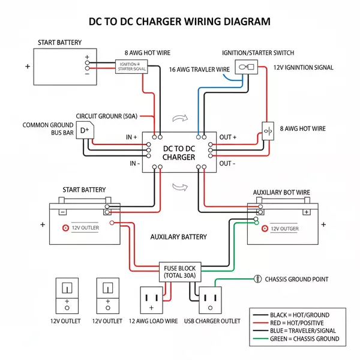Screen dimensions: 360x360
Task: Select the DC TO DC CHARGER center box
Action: tap(179, 152)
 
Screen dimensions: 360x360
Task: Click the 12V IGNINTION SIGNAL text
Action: tap(302, 68)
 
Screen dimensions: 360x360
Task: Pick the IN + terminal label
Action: tap(131, 137)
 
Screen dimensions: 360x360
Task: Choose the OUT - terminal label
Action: tap(228, 163)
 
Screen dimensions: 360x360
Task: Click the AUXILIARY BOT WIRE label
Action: tap(281, 193)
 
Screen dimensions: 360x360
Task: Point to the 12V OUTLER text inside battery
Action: tap(85, 228)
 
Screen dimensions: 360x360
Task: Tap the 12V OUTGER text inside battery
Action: tap(284, 228)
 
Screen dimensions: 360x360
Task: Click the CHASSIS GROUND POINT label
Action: tap(296, 280)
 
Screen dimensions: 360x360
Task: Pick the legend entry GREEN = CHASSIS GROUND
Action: tap(305, 338)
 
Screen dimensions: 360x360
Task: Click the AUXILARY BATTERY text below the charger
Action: tap(178, 237)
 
